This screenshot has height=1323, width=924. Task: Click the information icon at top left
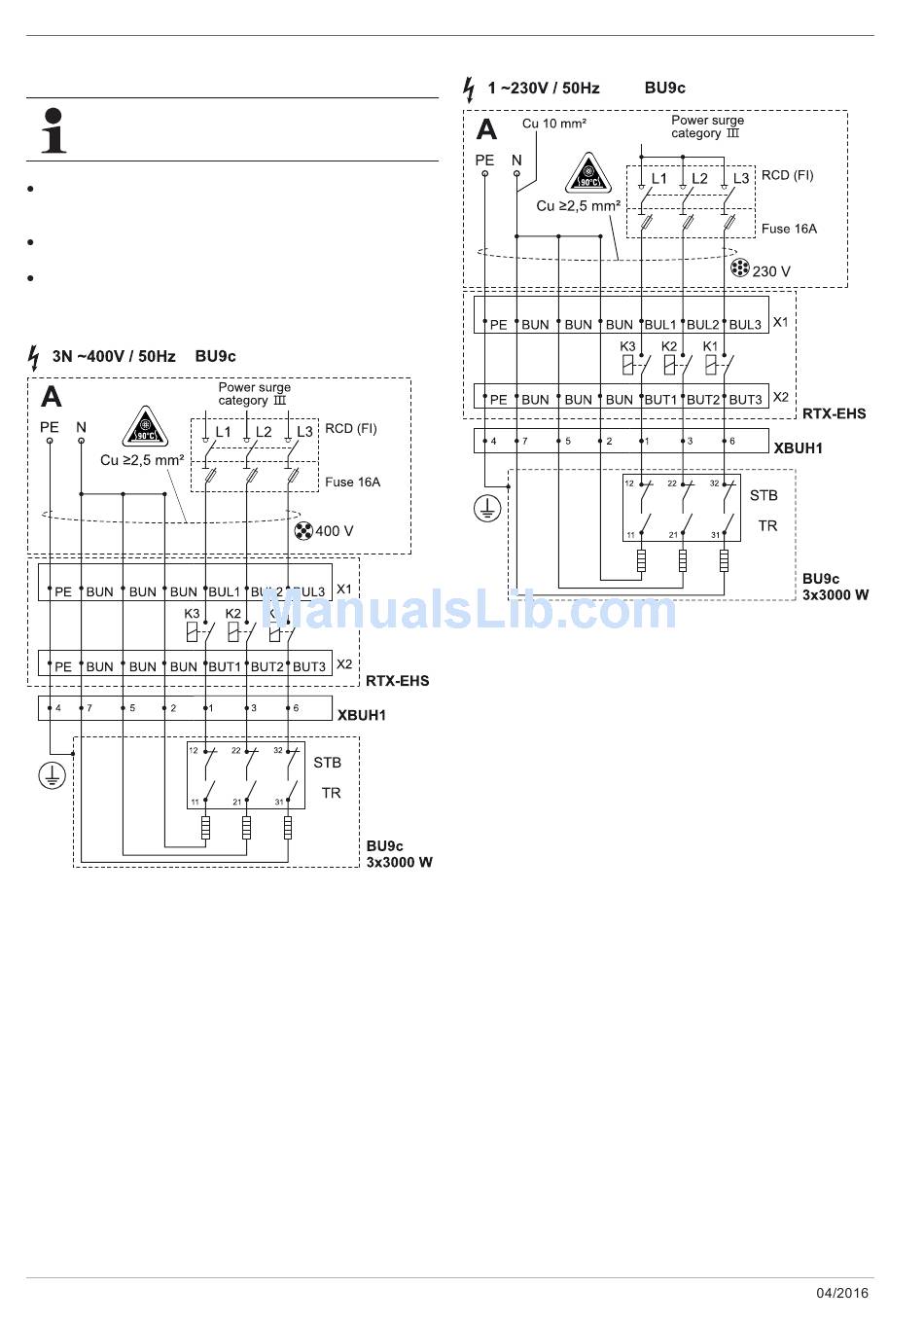[54, 130]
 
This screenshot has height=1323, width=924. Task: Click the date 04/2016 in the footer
[841, 1293]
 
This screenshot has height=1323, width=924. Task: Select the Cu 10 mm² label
[554, 124]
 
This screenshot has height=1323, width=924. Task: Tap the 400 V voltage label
[334, 531]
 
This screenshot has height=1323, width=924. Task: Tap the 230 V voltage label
[770, 271]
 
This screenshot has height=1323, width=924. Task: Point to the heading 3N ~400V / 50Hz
[114, 356]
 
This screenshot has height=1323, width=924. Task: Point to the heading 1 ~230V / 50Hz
[544, 89]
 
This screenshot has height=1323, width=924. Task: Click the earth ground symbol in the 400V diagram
[52, 775]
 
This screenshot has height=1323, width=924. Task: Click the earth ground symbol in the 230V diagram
[487, 508]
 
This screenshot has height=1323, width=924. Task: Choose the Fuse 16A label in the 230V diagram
[789, 229]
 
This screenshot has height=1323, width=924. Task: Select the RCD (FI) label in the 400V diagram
[351, 428]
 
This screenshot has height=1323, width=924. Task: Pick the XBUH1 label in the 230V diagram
[798, 448]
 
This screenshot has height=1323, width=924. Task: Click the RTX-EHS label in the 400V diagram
[397, 681]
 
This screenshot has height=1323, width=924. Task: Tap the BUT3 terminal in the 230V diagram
[745, 400]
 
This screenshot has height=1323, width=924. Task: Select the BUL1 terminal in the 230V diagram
[660, 325]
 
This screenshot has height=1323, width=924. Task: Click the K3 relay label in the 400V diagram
[192, 614]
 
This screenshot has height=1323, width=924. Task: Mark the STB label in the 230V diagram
[764, 495]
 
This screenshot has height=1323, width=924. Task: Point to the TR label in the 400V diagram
[331, 793]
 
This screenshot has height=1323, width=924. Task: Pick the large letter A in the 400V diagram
[52, 397]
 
